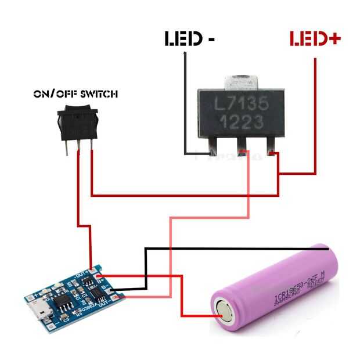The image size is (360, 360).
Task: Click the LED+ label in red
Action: pos(315,39)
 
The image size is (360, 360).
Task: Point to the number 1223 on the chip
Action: pos(240,123)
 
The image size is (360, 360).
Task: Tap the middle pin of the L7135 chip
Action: pos(243,147)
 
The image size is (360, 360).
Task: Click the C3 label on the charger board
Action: pos(66,319)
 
